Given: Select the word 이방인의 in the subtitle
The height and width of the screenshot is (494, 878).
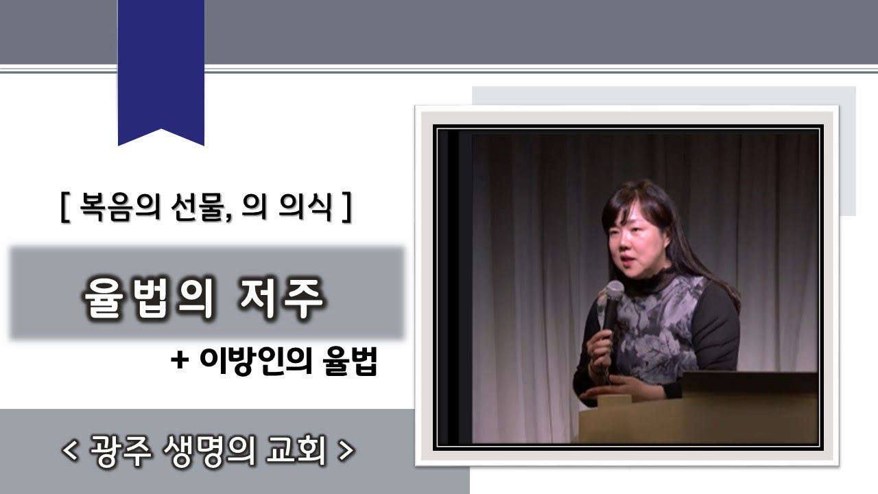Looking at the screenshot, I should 253,361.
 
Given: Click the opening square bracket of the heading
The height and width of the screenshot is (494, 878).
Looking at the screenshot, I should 65,207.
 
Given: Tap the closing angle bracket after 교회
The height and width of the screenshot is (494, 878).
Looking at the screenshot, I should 347,451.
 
